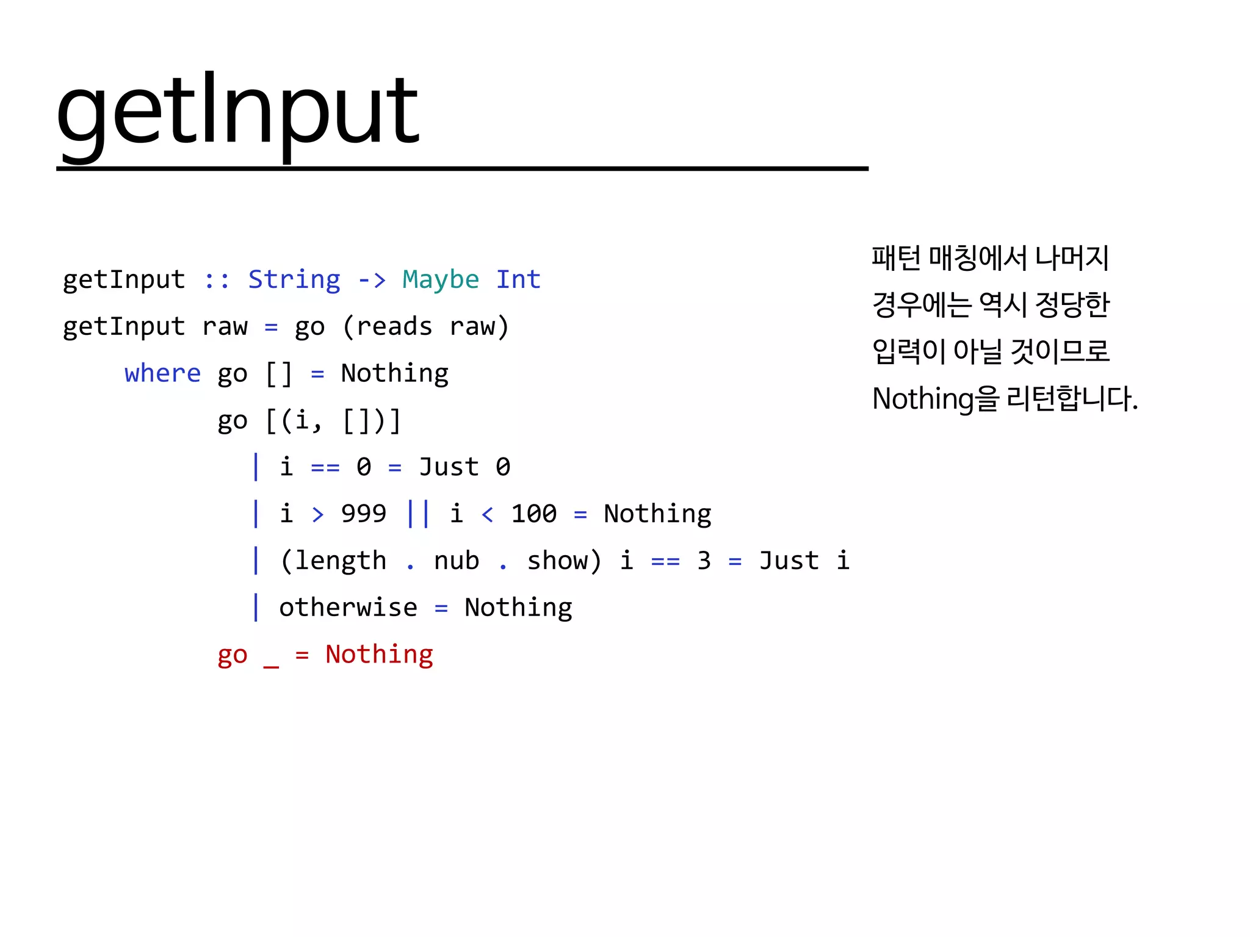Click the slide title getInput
pos(237,113)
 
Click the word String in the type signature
pos(294,279)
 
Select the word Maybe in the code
pos(441,279)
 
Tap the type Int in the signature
pos(518,279)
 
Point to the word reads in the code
pos(394,326)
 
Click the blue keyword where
pos(162,373)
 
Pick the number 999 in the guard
pos(364,514)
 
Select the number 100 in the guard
pos(533,514)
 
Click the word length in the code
pos(341,561)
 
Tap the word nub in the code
pos(457,561)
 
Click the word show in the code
pos(557,561)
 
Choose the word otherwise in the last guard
pos(348,608)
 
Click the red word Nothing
pos(379,655)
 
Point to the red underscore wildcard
pos(271,665)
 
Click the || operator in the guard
pos(418,514)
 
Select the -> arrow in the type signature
pos(372,280)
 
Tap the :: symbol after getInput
pos(217,280)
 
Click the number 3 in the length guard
pos(704,561)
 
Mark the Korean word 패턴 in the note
pos(896,257)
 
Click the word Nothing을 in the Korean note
pos(936,398)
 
